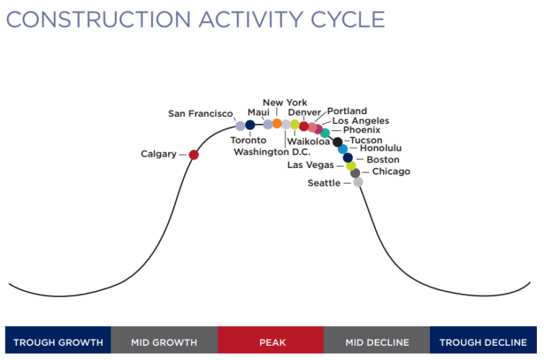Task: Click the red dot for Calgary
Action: pos(193,154)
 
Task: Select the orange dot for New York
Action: pos(277,123)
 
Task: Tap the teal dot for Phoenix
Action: pos(325,133)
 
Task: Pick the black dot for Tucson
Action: pos(338,142)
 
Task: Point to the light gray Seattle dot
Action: pos(358,182)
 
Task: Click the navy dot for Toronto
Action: pos(250,125)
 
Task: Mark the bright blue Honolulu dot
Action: pos(343,150)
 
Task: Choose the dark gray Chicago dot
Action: pos(355,173)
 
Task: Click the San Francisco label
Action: pos(200,113)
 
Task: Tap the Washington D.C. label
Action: pos(272,152)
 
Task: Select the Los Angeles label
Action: pos(361,121)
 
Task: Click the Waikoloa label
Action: pos(309,142)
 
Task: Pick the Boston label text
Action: pos(382,160)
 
